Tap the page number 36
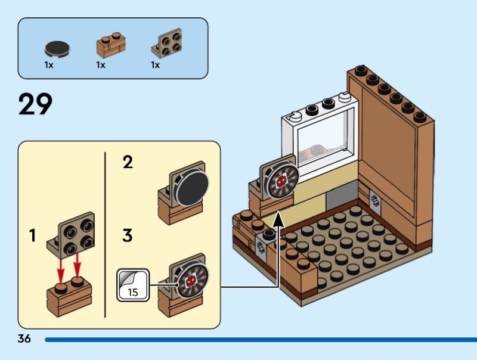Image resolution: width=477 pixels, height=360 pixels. click(24, 339)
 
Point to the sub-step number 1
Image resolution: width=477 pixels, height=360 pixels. click(33, 236)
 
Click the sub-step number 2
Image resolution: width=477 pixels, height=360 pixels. click(128, 162)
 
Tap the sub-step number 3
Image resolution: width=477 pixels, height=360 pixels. click(128, 236)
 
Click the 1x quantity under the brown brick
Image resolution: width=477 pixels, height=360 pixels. click(101, 65)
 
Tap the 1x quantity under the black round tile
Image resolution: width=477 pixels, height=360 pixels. click(49, 65)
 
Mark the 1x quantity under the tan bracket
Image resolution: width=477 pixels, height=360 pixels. click(156, 65)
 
